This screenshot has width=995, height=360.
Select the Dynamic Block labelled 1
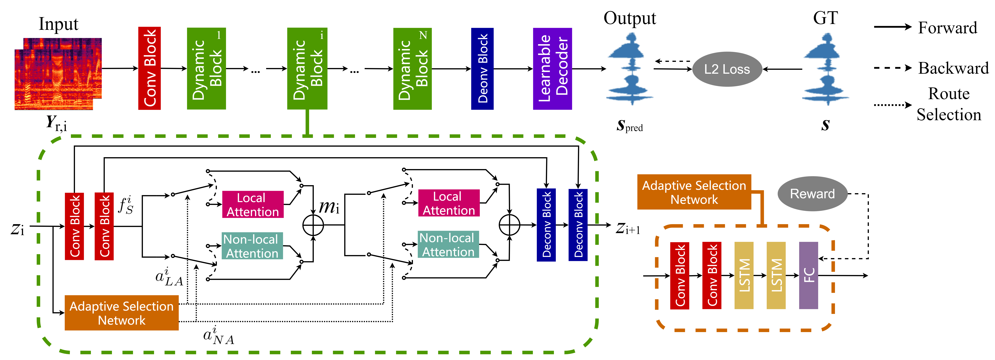pyautogui.click(x=206, y=68)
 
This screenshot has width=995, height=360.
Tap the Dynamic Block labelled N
pyautogui.click(x=412, y=68)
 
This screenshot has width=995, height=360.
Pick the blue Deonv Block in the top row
pyautogui.click(x=482, y=68)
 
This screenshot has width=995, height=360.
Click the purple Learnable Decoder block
pyautogui.click(x=552, y=68)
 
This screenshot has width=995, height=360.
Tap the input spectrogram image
pyautogui.click(x=58, y=73)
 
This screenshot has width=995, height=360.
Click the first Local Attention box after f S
pyautogui.click(x=253, y=204)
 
